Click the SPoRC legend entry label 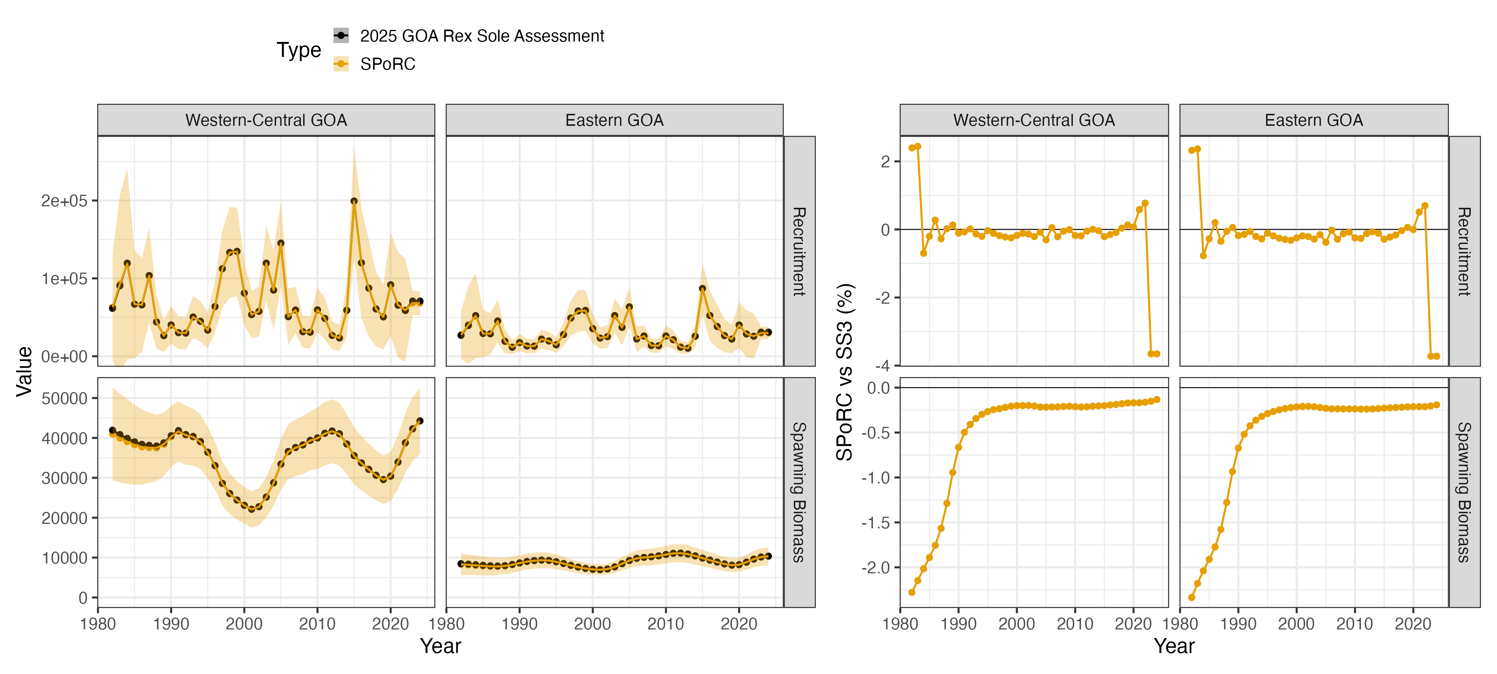(x=388, y=64)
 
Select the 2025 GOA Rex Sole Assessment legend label (x=482, y=36)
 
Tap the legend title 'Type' (x=299, y=50)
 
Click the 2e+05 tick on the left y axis (x=64, y=201)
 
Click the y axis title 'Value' (x=24, y=371)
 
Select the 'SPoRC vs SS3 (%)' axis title (x=844, y=372)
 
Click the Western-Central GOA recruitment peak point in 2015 (x=354, y=201)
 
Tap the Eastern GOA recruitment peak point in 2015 (x=702, y=288)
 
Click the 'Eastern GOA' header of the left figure (x=614, y=120)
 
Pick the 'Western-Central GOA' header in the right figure (x=1034, y=120)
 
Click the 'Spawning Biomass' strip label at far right (x=1464, y=492)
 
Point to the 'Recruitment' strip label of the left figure (x=799, y=251)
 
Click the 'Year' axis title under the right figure (x=1174, y=646)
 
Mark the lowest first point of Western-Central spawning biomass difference (x=912, y=592)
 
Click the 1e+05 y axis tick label (x=64, y=279)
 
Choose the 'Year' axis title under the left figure (x=440, y=646)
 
